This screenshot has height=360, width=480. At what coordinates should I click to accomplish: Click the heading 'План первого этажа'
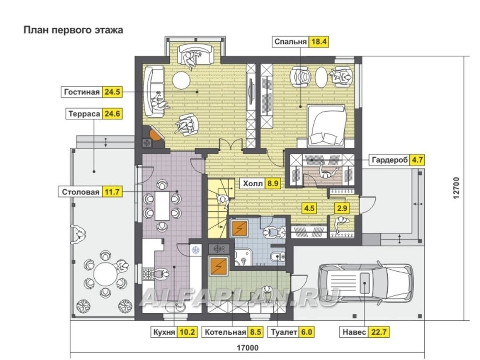pos(73,30)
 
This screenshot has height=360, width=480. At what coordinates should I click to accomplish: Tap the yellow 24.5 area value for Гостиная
pos(112,92)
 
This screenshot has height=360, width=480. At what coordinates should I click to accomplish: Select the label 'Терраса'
pos(84,114)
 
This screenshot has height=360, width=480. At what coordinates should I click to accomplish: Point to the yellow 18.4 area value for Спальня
pos(318,42)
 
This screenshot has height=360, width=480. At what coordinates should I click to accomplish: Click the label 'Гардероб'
pos(390,160)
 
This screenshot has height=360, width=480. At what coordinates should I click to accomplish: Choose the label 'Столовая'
pos(80,192)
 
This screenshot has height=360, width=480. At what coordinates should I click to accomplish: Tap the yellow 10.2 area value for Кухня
pos(187,332)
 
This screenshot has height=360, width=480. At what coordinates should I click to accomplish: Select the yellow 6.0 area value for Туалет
pos(304,332)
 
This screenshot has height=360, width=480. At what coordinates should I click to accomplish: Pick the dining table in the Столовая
pos(162,205)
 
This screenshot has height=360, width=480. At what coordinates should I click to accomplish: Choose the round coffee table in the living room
pos(181,80)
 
